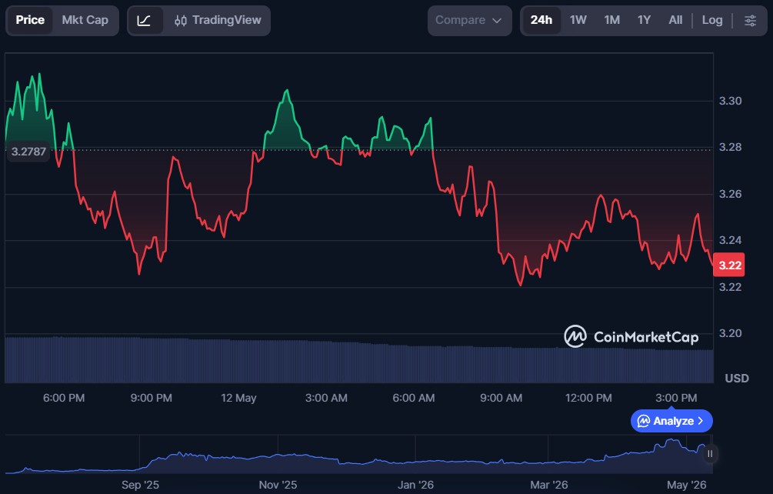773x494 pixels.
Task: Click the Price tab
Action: [30, 20]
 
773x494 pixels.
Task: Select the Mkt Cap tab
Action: [85, 20]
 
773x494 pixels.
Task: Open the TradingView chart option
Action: [218, 20]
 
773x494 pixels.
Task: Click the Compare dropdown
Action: [469, 20]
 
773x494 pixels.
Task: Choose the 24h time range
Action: [541, 20]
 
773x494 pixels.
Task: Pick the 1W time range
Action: [578, 20]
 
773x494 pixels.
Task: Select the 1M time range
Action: [611, 20]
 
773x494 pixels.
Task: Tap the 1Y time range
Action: [644, 20]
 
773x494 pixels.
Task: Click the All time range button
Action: [675, 20]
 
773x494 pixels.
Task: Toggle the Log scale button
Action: [712, 20]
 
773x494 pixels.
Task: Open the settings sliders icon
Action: [751, 20]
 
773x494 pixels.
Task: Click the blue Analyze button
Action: [671, 421]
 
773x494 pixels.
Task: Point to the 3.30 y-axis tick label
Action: [730, 101]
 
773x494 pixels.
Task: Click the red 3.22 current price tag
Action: [729, 265]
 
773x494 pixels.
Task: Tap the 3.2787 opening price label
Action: [28, 152]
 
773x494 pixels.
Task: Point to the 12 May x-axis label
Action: [238, 398]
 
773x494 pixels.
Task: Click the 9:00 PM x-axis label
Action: [152, 398]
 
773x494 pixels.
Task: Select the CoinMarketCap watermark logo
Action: [631, 337]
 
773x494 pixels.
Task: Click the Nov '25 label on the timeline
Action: [278, 485]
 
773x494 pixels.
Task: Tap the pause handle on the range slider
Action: [710, 453]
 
